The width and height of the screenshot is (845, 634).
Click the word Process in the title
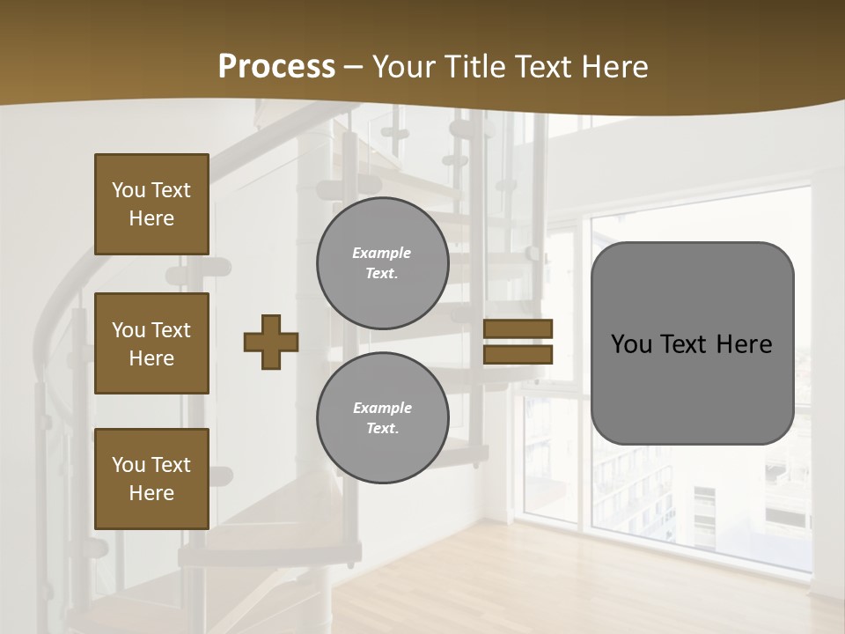[276, 67]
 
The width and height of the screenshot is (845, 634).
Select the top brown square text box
[151, 204]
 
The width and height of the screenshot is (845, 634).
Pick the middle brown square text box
[151, 343]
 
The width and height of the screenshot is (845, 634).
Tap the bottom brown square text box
[151, 479]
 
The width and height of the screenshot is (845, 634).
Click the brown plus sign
[271, 342]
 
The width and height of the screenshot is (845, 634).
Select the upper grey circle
[382, 262]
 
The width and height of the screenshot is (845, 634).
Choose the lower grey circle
[382, 417]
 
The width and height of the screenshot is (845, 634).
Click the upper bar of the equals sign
[518, 328]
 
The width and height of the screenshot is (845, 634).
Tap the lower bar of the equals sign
[518, 354]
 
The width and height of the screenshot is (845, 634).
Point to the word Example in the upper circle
[382, 253]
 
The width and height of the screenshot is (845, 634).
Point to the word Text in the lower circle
[381, 429]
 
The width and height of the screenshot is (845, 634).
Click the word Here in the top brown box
[151, 218]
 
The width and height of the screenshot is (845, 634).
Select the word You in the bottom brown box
[129, 465]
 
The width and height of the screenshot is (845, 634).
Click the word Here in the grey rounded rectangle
[745, 344]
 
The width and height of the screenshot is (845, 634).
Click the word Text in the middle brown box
[171, 330]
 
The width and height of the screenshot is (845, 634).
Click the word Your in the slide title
[404, 67]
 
